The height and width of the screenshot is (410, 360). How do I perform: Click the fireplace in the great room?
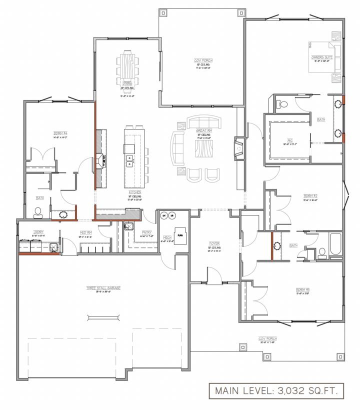click(239, 149)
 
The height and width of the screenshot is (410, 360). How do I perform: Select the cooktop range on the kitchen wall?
click(104, 160)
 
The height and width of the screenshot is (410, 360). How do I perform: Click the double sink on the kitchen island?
click(129, 160)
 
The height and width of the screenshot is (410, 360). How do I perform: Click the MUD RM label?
click(86, 232)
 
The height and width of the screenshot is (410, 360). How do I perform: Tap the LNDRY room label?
click(38, 232)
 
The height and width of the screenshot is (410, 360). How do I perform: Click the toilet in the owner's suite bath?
click(283, 104)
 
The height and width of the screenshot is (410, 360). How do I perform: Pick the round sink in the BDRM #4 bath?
click(63, 215)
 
